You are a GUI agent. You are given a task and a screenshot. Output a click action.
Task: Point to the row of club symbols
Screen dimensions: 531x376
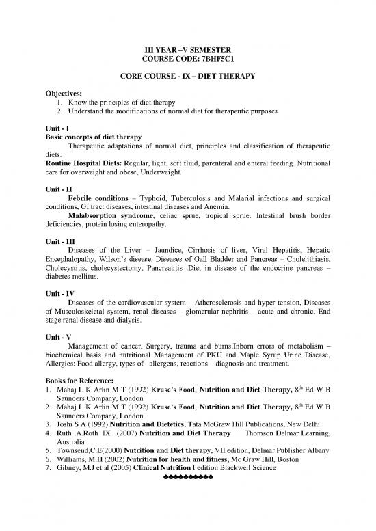[187, 515]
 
